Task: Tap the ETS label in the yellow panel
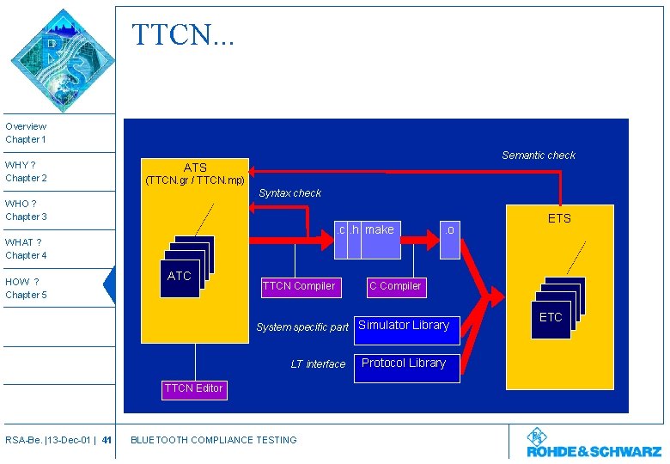(x=559, y=218)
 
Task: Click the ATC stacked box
(x=180, y=276)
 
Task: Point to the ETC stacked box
(x=551, y=317)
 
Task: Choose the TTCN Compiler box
(x=298, y=286)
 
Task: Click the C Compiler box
(x=395, y=286)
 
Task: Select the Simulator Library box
(x=404, y=326)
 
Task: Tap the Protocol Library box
(x=404, y=363)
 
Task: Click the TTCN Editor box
(x=193, y=388)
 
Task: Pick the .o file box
(x=449, y=230)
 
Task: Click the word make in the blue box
(x=380, y=229)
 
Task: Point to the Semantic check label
(x=539, y=156)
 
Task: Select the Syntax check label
(x=289, y=193)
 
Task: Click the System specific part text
(x=302, y=327)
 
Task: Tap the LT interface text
(x=318, y=364)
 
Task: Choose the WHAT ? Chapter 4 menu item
(x=27, y=249)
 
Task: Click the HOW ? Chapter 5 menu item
(x=27, y=288)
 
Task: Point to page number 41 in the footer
(x=107, y=441)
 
